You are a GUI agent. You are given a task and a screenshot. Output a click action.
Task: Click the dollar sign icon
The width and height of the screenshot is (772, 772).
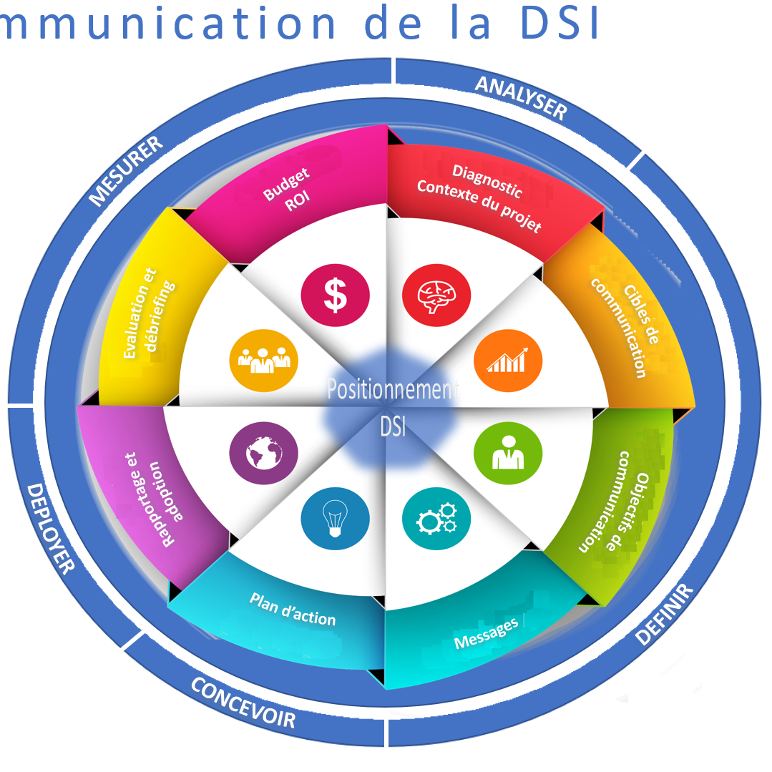(x=335, y=295)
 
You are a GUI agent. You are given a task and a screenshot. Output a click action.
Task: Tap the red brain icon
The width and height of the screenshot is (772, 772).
(x=436, y=295)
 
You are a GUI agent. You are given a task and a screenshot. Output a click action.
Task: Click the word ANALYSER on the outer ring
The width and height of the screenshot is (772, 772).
(x=521, y=97)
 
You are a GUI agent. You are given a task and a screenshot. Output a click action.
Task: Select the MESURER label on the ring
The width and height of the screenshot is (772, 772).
(x=126, y=170)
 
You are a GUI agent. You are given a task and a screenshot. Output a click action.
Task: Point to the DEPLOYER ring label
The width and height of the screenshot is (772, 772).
(x=51, y=528)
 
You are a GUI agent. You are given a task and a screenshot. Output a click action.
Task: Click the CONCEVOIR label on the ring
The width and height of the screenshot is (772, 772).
(x=243, y=702)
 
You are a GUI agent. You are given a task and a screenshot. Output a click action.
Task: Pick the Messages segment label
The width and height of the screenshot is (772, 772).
(x=486, y=634)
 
